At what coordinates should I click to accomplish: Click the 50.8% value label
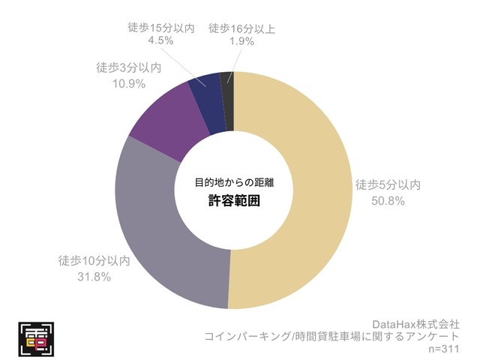coord(388,201)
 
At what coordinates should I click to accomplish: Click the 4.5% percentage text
coord(160,43)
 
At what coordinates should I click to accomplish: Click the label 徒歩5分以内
coord(388,185)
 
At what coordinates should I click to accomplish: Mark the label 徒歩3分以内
coord(129,67)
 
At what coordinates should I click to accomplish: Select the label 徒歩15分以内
coord(160,28)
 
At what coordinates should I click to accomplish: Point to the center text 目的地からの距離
coord(234,181)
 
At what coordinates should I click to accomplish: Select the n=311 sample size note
coord(443,349)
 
